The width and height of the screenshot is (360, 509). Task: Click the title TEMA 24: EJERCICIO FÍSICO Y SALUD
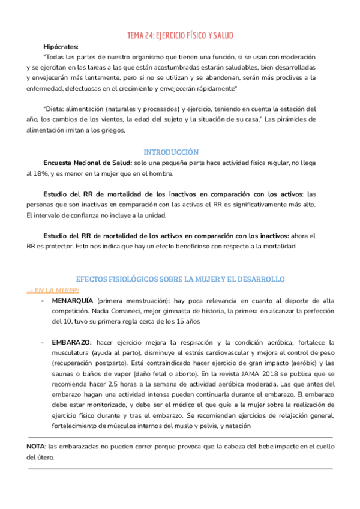181,35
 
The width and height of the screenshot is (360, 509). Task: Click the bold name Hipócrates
61,46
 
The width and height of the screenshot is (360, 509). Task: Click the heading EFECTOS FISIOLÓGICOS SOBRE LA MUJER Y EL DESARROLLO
180,279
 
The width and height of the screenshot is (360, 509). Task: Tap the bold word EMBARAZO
73,342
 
